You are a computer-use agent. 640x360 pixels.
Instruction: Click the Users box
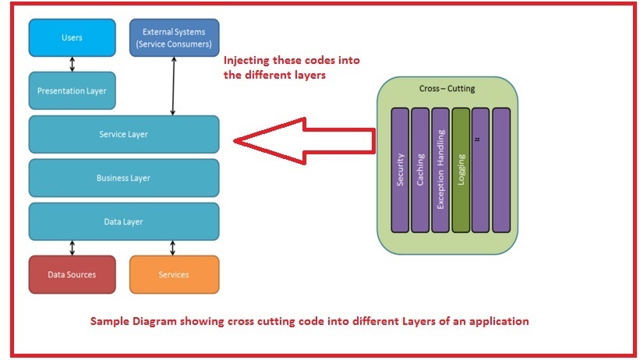72,37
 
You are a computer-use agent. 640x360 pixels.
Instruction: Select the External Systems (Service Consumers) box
174,37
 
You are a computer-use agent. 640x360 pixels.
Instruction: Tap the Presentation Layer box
72,90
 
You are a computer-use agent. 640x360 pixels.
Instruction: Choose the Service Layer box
123,134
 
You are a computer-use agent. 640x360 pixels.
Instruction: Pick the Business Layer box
123,178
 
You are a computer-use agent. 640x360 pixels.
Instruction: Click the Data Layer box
123,222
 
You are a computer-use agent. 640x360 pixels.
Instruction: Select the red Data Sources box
72,274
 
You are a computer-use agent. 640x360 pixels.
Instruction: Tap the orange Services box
174,274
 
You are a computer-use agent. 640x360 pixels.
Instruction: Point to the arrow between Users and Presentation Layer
72,63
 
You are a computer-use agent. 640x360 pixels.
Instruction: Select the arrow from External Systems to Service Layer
174,86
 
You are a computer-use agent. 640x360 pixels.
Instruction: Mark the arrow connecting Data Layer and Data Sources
72,248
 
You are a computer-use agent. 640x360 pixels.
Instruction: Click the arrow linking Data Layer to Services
174,248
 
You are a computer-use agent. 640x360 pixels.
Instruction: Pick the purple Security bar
399,170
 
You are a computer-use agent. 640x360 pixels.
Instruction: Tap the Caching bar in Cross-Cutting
420,170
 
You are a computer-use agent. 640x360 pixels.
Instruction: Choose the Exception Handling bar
440,170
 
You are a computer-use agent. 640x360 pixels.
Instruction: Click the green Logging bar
461,170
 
